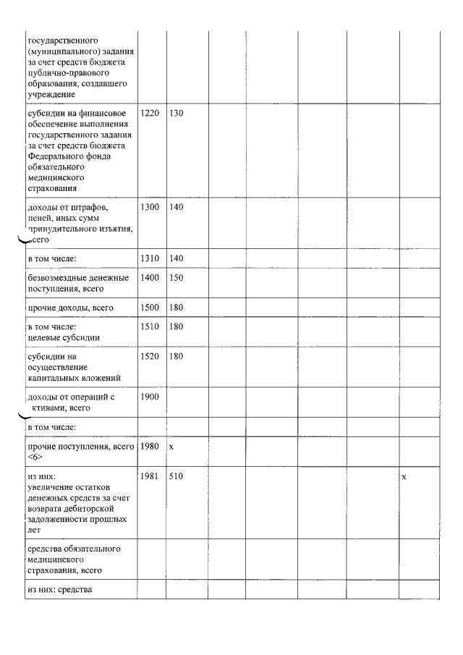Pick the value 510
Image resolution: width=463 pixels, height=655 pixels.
pyautogui.click(x=176, y=477)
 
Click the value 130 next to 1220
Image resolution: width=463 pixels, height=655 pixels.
pyautogui.click(x=176, y=114)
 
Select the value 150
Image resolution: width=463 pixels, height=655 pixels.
pyautogui.click(x=176, y=278)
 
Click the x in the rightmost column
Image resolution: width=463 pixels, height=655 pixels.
pyautogui.click(x=404, y=477)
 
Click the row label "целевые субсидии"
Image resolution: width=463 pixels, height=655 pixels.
pyautogui.click(x=64, y=337)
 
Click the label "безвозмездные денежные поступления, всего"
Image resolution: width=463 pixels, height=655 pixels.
pyautogui.click(x=78, y=283)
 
